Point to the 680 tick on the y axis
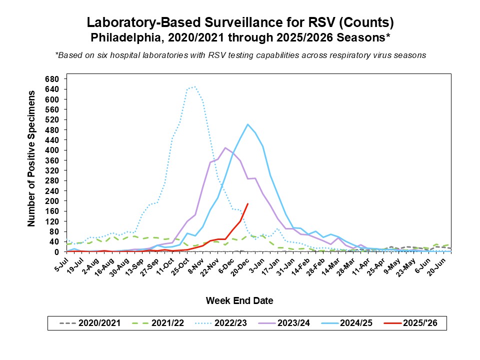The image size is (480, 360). coord(52,79)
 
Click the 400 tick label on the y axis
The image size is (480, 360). coord(52,150)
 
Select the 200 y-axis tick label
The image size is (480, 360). coord(52,201)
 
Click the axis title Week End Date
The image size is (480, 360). coord(239,300)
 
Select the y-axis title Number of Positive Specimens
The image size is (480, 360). coord(31,158)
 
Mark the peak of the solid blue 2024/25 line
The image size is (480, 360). coord(247,124)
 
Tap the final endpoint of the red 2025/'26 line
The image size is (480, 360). coord(248,203)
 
